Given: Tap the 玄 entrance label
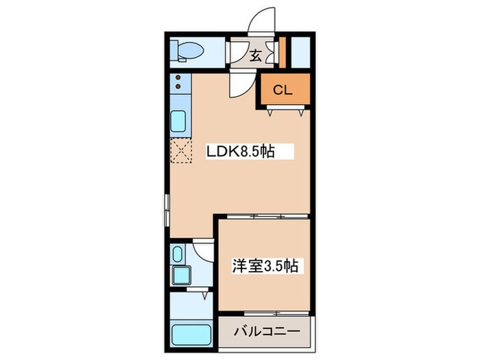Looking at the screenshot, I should coord(254,56).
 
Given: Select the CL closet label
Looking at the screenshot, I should coord(283,89).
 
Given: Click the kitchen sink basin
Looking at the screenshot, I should coord(178,123).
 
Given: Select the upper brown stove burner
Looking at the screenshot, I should coord(178,80).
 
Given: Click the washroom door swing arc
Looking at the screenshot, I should coord(204,249).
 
